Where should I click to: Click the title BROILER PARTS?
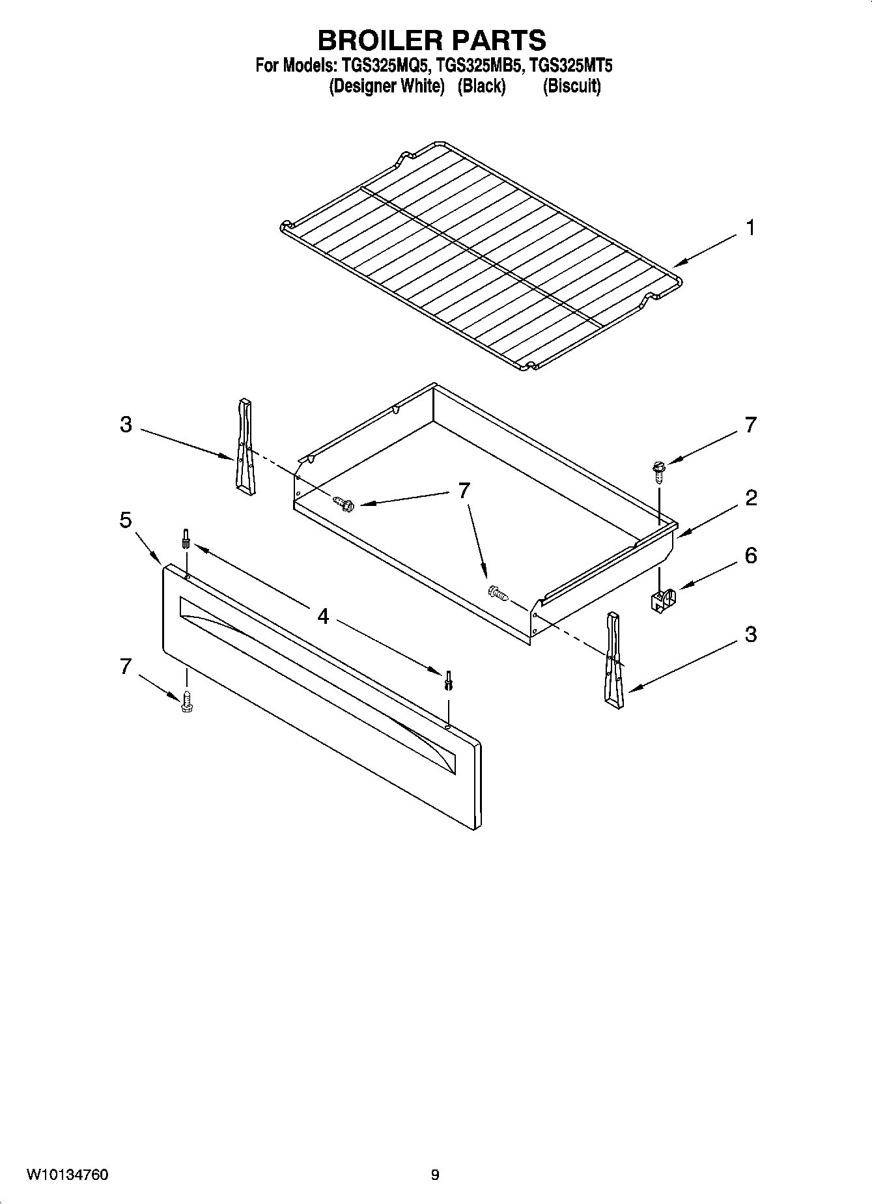tap(432, 40)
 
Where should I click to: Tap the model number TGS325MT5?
tap(571, 66)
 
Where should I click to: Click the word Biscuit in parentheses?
tap(572, 86)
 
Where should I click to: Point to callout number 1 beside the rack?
tap(750, 229)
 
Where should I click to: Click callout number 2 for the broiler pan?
tap(750, 498)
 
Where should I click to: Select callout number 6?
tap(750, 555)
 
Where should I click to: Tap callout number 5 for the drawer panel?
tap(126, 520)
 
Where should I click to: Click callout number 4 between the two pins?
tap(323, 615)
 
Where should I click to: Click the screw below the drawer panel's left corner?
tap(187, 701)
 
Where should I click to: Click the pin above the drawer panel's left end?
tap(186, 539)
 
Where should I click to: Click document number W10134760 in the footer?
tap(67, 1175)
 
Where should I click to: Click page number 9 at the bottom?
tap(434, 1175)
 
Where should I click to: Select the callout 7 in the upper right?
tap(750, 425)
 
